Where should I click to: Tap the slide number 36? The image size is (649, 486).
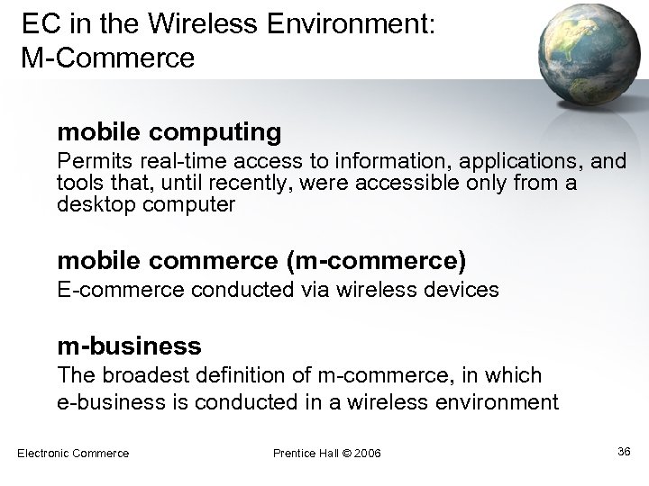click(x=623, y=451)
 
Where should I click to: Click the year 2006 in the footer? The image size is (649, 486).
click(x=368, y=453)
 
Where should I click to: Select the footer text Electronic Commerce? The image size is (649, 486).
click(x=73, y=453)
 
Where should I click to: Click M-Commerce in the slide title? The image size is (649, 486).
click(x=106, y=58)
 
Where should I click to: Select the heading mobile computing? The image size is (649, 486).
click(x=169, y=133)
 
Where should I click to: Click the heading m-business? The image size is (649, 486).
click(x=129, y=345)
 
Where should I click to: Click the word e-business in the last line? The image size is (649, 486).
click(x=104, y=401)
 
